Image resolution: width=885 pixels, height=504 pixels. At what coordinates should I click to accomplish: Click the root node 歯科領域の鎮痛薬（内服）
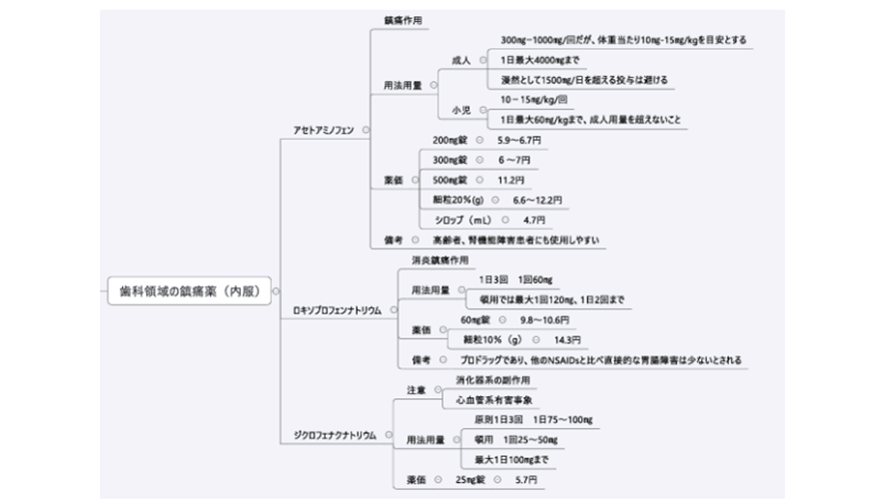click(x=189, y=291)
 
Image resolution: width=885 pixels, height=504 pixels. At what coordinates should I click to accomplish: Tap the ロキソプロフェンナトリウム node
click(x=337, y=311)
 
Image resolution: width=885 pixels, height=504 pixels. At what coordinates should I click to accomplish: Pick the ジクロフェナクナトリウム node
click(x=335, y=436)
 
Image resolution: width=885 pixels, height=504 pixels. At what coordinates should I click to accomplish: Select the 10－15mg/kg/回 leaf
click(x=533, y=101)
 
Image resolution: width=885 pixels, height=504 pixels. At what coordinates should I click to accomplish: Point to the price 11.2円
click(x=511, y=180)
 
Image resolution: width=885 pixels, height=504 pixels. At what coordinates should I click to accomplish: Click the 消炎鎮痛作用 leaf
click(x=440, y=260)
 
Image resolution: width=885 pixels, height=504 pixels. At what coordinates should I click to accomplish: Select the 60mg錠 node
click(x=474, y=319)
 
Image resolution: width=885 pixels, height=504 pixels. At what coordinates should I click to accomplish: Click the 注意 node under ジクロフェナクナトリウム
click(x=417, y=389)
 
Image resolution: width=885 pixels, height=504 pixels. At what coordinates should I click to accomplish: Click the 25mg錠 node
click(x=468, y=480)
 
